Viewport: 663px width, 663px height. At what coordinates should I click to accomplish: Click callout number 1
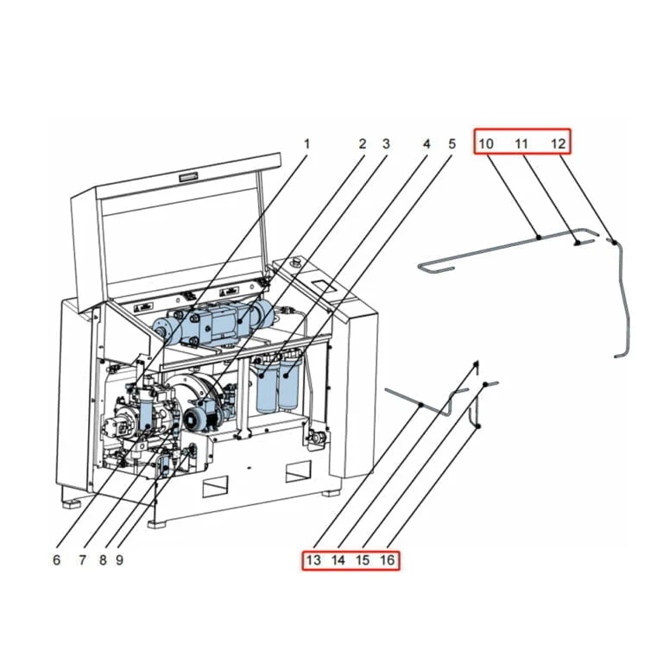tap(306, 144)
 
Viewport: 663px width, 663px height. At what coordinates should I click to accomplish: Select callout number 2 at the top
tap(363, 144)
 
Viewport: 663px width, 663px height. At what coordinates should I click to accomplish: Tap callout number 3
tap(386, 144)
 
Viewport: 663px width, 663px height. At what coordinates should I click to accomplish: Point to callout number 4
tap(426, 144)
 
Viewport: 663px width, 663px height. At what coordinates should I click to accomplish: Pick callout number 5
tap(451, 144)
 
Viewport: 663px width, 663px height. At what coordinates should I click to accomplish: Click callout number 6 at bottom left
tap(57, 559)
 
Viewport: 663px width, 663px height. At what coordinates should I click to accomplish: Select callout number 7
tap(83, 559)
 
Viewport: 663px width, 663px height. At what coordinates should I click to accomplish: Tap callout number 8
tap(103, 559)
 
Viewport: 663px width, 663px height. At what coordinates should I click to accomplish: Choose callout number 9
tap(120, 559)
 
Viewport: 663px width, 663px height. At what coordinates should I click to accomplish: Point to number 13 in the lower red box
tap(313, 560)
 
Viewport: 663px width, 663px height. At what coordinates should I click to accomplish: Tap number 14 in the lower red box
tap(338, 560)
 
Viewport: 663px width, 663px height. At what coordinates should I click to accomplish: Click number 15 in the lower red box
tap(363, 560)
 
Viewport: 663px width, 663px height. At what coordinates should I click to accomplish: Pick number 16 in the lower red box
tap(387, 560)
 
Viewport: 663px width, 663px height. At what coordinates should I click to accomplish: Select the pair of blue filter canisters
tap(278, 388)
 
